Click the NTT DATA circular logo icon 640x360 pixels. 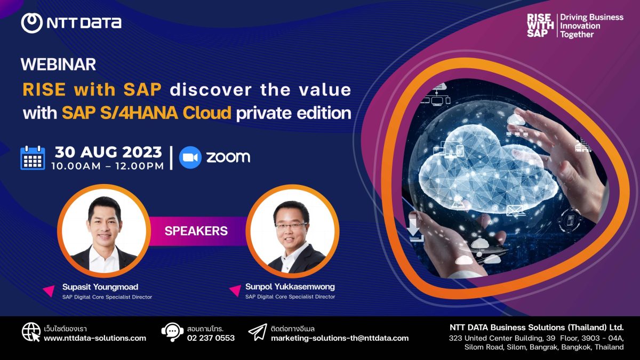pos(31,23)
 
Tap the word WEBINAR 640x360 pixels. pos(58,65)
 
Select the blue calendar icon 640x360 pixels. pos(33,158)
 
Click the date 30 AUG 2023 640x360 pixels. pos(108,152)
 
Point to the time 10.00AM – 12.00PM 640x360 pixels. pos(108,166)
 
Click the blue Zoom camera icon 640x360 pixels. pos(190,157)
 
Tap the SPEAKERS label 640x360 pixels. pos(196,231)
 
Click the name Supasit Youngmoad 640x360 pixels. pos(100,286)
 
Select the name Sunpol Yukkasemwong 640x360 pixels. pos(290,286)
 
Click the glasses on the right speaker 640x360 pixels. pos(291,226)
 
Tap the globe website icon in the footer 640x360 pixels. pos(31,332)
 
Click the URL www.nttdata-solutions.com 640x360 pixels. pos(95,338)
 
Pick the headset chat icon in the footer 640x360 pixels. pos(172,332)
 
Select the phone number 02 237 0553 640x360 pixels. pos(211,338)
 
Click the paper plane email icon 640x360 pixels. pos(258,332)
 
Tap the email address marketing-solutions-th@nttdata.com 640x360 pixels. pos(340,338)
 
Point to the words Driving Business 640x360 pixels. pos(591,17)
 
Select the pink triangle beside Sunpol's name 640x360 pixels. pos(236,290)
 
